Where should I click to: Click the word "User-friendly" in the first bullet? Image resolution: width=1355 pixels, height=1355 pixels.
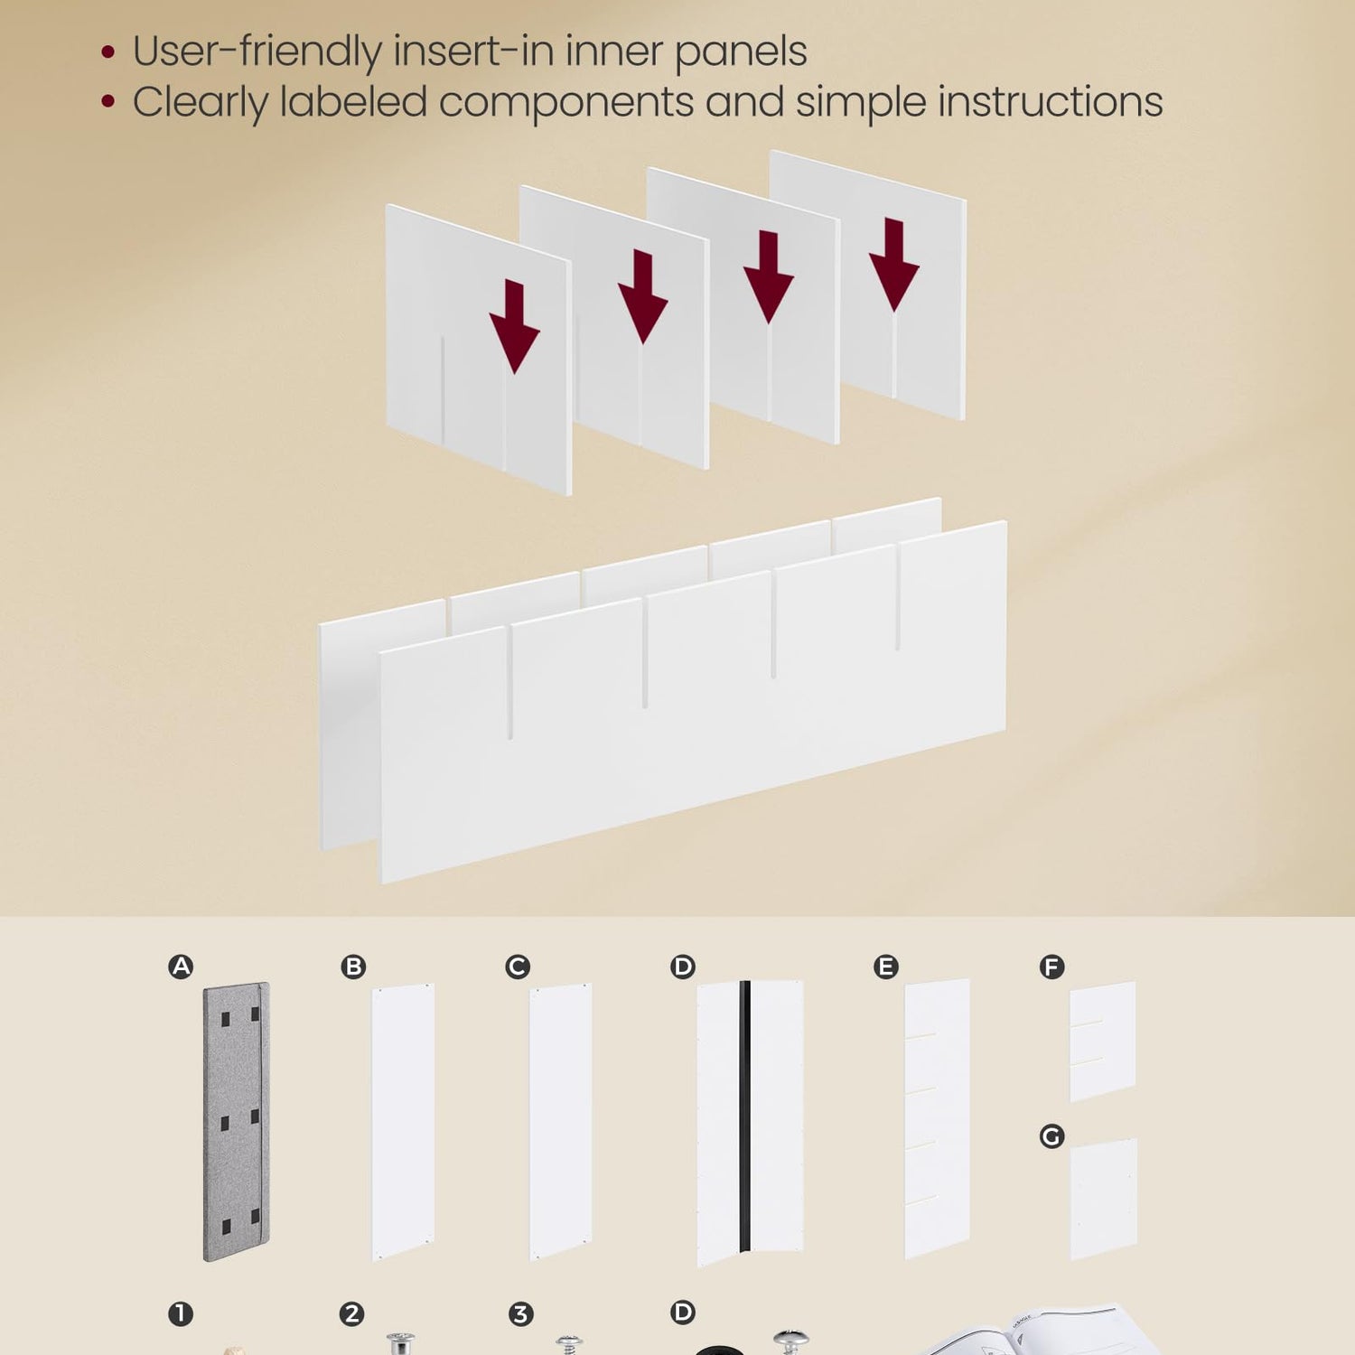pos(257,51)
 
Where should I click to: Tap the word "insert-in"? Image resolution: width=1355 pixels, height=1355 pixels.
pos(473,51)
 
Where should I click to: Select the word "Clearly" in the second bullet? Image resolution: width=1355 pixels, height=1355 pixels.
pos(200,102)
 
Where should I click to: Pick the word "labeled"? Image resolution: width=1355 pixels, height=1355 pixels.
pos(353,101)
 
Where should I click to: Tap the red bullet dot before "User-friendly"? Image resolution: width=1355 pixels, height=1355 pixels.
pos(108,52)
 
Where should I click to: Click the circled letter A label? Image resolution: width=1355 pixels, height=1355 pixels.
pos(181,967)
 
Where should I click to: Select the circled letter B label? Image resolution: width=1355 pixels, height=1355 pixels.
pos(353,967)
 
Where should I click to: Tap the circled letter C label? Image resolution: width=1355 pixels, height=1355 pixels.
pos(518,967)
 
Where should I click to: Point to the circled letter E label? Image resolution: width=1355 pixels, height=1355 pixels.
pos(886,967)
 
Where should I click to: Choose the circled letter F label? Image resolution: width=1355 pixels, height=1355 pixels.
pos(1051,967)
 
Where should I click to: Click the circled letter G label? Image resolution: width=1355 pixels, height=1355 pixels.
pos(1051,1135)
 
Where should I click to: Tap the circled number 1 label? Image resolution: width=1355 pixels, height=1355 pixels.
pos(181,1313)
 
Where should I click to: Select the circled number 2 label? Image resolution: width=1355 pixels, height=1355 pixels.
pos(351,1313)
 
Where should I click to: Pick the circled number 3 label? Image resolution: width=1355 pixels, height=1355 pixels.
pos(520,1313)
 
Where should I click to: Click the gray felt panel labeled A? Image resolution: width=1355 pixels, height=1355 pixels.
pos(236,1121)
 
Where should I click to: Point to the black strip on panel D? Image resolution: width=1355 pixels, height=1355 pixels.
pos(745,1117)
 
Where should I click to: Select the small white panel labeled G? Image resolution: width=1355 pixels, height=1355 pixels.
pos(1104,1199)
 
